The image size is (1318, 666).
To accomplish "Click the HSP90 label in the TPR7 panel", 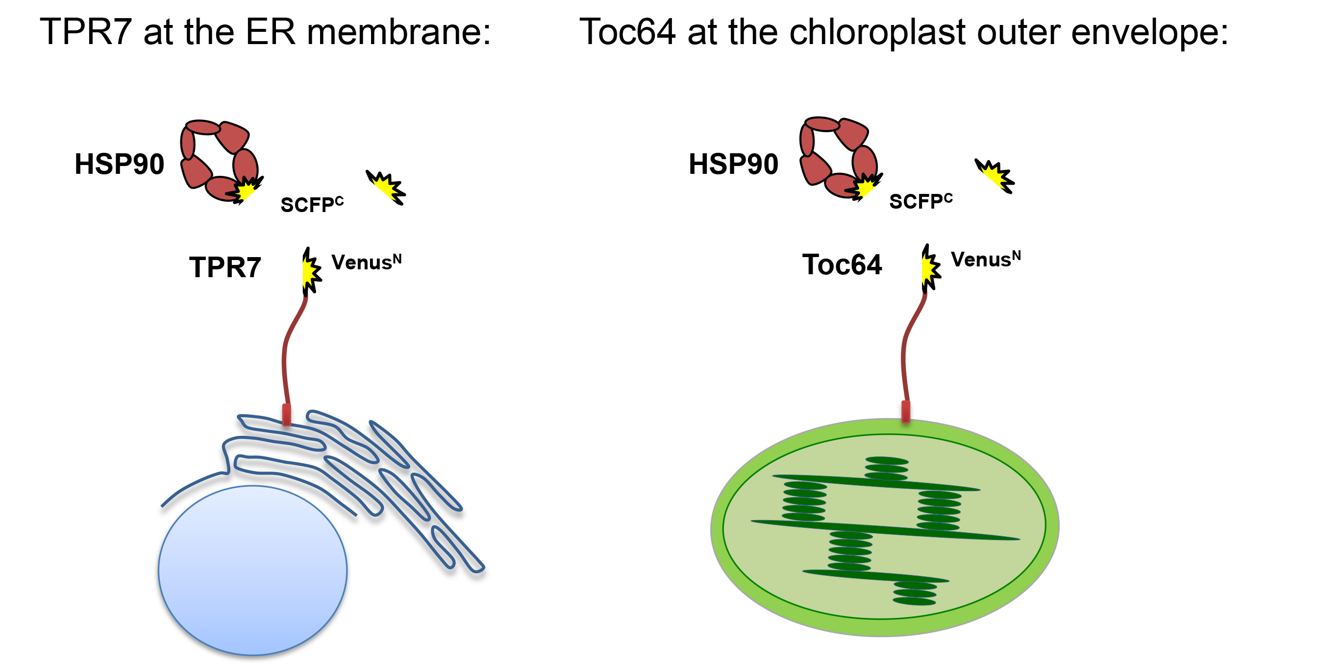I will click(x=119, y=164).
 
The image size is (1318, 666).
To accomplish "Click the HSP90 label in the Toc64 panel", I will click(x=733, y=164).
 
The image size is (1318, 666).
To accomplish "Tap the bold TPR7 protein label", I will click(x=225, y=267).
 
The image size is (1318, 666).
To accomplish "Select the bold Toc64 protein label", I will click(x=842, y=265).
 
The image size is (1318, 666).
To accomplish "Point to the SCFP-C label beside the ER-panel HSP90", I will click(x=312, y=204).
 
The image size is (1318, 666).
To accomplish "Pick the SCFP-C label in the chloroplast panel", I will click(x=920, y=201).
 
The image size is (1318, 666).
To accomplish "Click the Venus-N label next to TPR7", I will click(x=366, y=262).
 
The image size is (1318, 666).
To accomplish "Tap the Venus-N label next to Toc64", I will click(x=985, y=259).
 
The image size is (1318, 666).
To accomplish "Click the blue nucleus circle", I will click(x=253, y=570).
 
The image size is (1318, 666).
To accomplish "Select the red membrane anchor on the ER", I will click(x=287, y=414).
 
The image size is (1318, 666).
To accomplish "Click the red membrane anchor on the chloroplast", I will click(x=906, y=411).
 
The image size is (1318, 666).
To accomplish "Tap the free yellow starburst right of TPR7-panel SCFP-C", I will click(x=387, y=187).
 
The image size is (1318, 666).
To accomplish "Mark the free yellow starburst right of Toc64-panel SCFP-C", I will click(x=995, y=175).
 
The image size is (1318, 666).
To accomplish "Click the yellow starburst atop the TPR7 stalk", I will click(x=310, y=271).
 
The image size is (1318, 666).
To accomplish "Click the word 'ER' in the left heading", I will click(x=270, y=32).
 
